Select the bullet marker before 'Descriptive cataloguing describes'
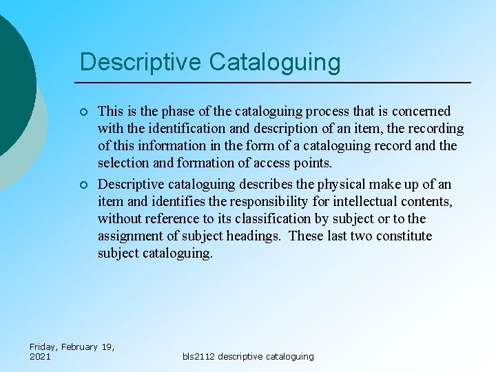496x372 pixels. tap(83, 185)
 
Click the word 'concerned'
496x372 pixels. tap(421, 111)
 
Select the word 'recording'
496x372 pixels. tap(435, 128)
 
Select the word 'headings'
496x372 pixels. tap(255, 236)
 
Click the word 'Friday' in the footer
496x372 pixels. tap(43, 347)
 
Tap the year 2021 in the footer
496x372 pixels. tap(40, 356)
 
